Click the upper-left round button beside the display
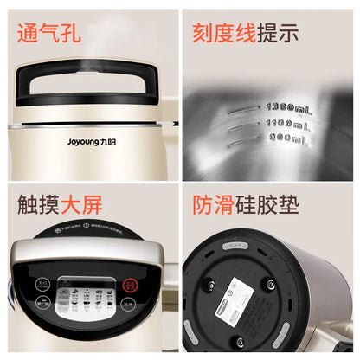(42, 281)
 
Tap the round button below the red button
(127, 304)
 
